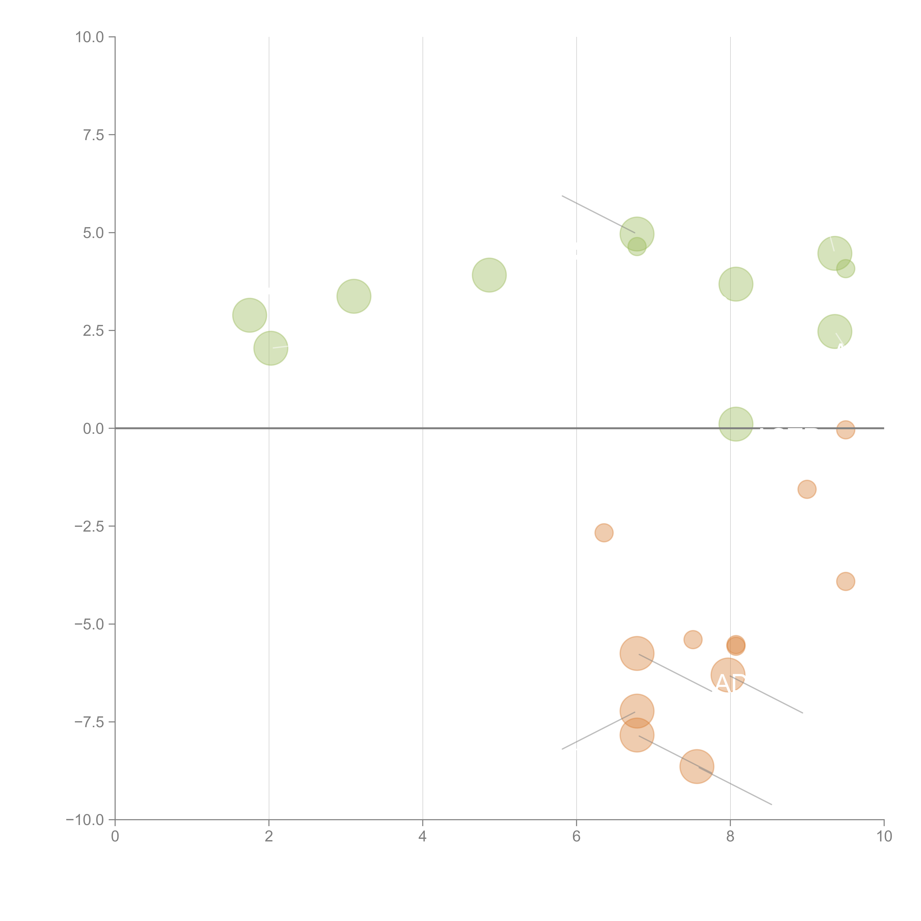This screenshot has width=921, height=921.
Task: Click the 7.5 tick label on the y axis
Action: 93,135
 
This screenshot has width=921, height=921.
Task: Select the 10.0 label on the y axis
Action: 90,37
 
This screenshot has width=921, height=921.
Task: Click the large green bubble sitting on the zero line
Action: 736,424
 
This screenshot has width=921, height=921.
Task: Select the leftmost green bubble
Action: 249,315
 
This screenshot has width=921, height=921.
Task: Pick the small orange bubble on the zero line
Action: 845,430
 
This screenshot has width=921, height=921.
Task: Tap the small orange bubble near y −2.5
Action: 603,533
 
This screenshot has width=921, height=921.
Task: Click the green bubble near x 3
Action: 354,296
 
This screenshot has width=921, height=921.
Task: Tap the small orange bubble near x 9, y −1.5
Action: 807,489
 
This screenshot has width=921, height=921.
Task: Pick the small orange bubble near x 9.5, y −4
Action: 845,581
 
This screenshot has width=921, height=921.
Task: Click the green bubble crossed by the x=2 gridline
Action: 270,348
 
